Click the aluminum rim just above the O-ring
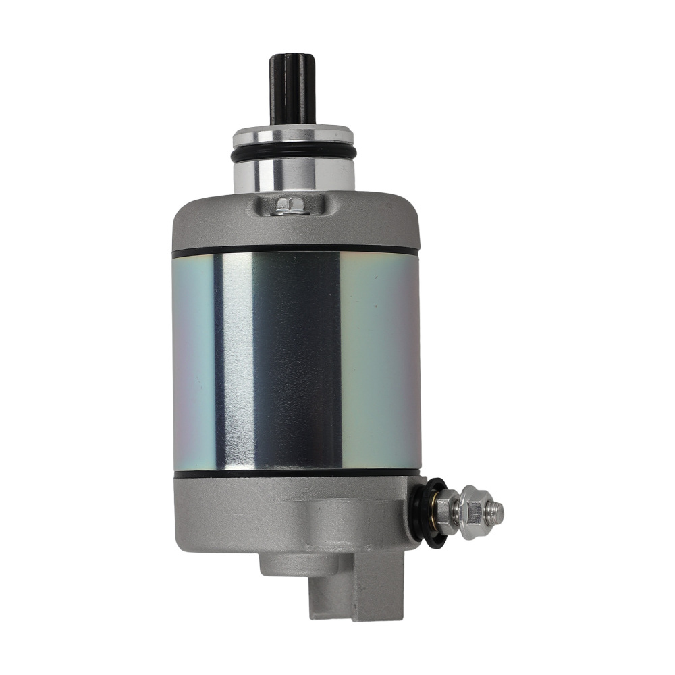point(294,138)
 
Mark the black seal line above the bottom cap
point(295,473)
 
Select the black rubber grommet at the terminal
point(425,510)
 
